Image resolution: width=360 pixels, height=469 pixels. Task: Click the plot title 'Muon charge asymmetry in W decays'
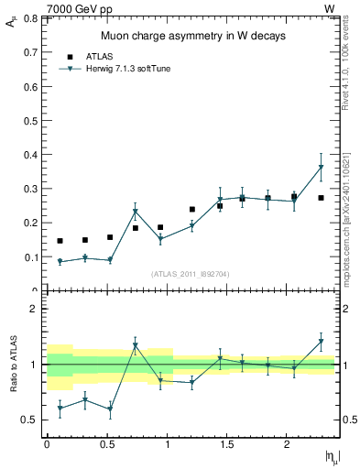(x=193, y=36)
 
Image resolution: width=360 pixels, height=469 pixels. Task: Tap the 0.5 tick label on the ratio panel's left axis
(x=31, y=420)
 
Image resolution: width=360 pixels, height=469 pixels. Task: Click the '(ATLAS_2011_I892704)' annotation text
(x=191, y=272)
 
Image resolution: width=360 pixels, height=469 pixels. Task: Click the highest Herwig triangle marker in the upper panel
(x=321, y=168)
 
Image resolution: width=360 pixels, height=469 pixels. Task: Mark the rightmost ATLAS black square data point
(x=321, y=198)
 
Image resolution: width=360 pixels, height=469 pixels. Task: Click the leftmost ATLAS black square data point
(x=60, y=241)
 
